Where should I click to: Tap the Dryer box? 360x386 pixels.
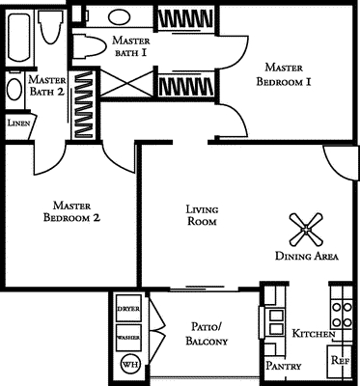pos(128,309)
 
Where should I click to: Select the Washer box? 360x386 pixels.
pos(128,338)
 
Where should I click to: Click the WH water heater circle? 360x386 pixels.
pos(128,365)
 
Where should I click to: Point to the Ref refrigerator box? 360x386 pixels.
pos(340,361)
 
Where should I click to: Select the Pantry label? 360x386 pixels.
pos(285,367)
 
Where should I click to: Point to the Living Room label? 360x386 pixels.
pos(199,215)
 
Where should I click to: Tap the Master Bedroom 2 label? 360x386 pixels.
pos(72,212)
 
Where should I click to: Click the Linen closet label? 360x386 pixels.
pos(17,124)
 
